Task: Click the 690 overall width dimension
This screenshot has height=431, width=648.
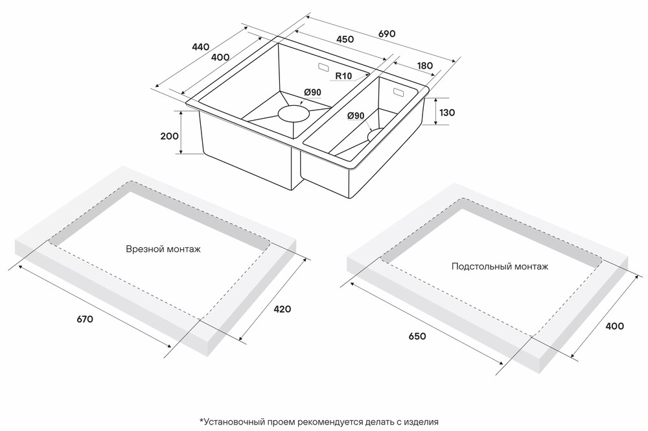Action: pyautogui.click(x=387, y=34)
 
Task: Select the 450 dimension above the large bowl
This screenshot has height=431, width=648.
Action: pyautogui.click(x=345, y=39)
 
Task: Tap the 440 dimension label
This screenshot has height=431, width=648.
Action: pyautogui.click(x=200, y=47)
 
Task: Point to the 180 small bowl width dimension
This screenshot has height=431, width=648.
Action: pyautogui.click(x=425, y=66)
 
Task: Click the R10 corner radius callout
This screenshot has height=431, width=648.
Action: pyautogui.click(x=343, y=76)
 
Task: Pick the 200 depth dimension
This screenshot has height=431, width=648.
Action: pyautogui.click(x=169, y=136)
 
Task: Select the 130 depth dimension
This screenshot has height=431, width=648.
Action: pyautogui.click(x=446, y=112)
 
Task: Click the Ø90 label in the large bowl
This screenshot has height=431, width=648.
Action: pyautogui.click(x=312, y=92)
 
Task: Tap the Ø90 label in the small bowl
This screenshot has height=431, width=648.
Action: pyautogui.click(x=356, y=116)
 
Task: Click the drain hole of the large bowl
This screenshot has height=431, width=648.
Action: pyautogui.click(x=294, y=113)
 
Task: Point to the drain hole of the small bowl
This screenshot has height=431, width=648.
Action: pyautogui.click(x=375, y=135)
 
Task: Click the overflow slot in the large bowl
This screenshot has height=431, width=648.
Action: pyautogui.click(x=323, y=66)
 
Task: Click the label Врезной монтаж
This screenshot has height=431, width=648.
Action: pyautogui.click(x=163, y=249)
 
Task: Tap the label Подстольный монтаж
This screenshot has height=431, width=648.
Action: pyautogui.click(x=500, y=266)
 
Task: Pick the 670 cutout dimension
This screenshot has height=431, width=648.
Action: pyautogui.click(x=85, y=319)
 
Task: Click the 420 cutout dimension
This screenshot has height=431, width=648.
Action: pyautogui.click(x=283, y=309)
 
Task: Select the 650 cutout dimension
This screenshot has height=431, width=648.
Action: pyautogui.click(x=417, y=336)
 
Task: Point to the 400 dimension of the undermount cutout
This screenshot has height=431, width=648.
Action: pyautogui.click(x=614, y=326)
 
